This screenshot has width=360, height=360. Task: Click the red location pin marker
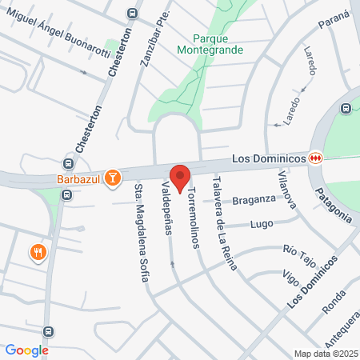[179, 177]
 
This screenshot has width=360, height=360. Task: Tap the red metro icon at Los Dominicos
[317, 158]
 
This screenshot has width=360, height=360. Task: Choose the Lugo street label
[261, 225]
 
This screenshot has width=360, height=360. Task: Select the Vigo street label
[291, 277]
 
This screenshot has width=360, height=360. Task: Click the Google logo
[26, 350]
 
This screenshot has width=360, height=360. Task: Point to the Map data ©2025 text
[326, 354]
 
